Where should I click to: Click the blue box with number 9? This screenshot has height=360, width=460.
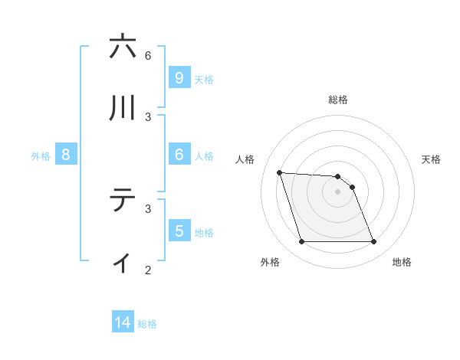click(x=179, y=77)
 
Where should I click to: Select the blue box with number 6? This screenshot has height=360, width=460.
click(x=179, y=155)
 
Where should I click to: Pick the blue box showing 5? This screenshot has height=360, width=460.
click(x=179, y=231)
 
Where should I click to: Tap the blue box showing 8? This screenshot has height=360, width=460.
click(x=65, y=155)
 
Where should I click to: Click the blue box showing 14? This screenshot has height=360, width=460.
click(x=123, y=323)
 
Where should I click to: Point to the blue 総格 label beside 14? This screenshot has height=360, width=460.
click(x=147, y=324)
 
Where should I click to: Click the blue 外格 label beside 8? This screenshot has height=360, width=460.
click(x=41, y=155)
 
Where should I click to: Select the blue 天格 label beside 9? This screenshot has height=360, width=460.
click(x=204, y=79)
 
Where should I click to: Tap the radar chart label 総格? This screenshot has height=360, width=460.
click(x=338, y=100)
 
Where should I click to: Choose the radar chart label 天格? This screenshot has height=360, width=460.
click(x=432, y=159)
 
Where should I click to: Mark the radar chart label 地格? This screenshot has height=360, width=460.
click(x=402, y=262)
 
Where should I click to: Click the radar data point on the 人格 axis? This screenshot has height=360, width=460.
click(x=280, y=172)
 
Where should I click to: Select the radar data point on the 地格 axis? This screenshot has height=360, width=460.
click(x=373, y=242)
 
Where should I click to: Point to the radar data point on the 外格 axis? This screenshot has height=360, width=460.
click(x=301, y=242)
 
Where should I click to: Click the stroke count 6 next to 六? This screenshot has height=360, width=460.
click(x=148, y=55)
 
